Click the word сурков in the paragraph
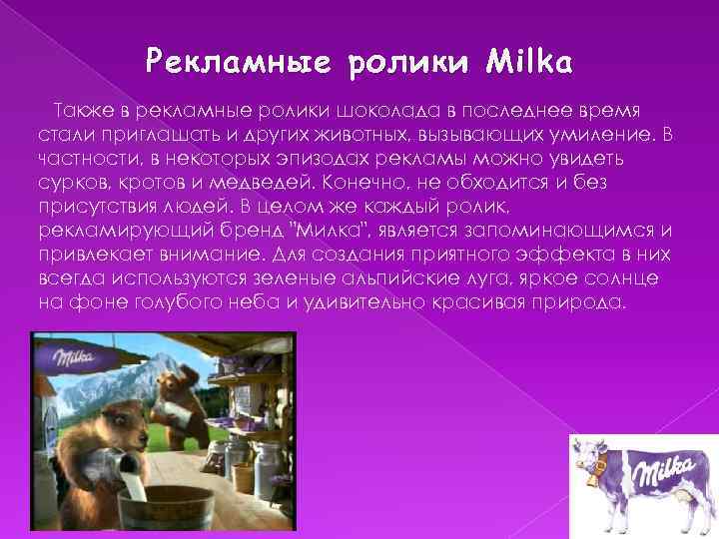tap(65, 185)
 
